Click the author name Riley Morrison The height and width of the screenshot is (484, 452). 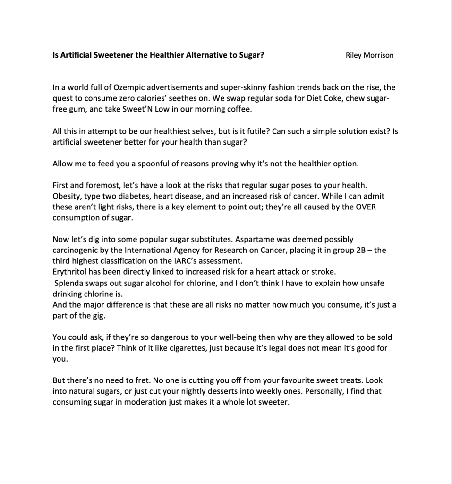tap(369, 55)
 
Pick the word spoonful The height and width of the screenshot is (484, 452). tap(135, 164)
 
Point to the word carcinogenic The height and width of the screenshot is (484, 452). tap(75, 250)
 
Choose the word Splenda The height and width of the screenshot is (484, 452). tap(68, 283)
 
